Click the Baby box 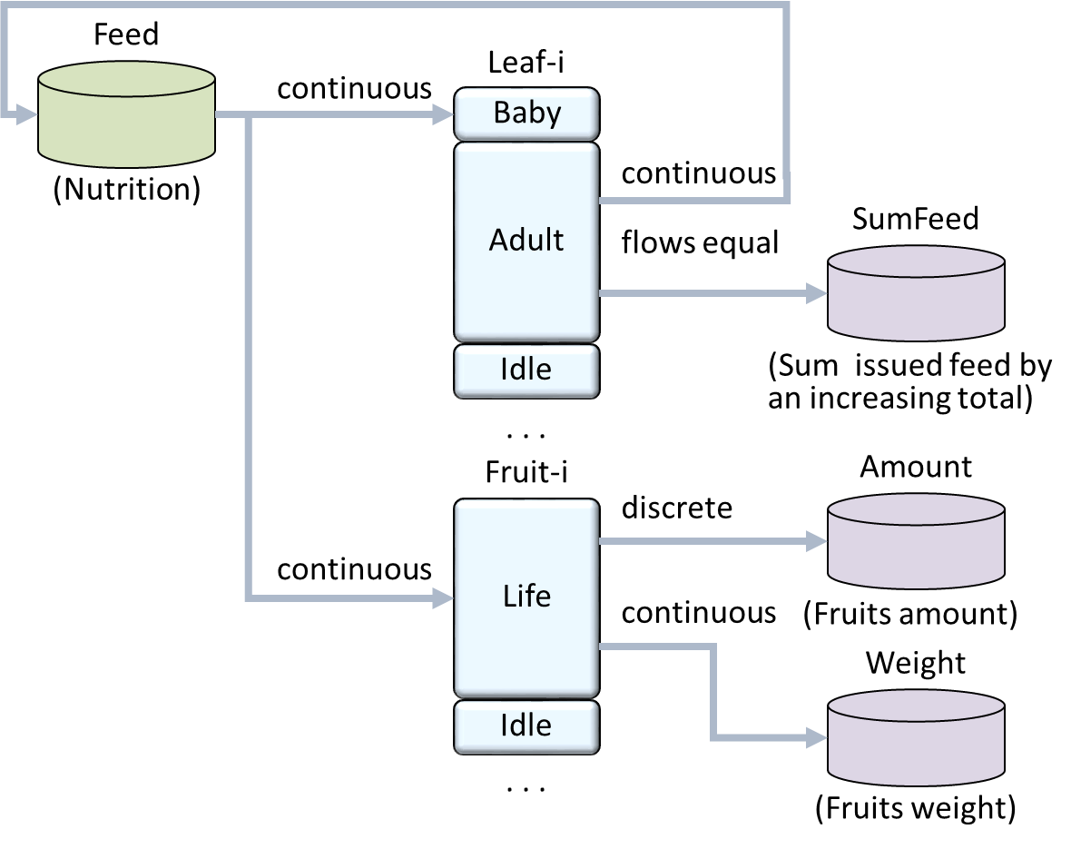tap(526, 114)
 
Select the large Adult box tap(526, 241)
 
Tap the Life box tap(526, 597)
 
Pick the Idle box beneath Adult tap(526, 370)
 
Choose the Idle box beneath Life tap(526, 726)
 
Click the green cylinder tap(127, 114)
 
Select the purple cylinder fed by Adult tap(916, 293)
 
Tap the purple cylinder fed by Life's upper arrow tap(916, 541)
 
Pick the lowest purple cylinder tap(916, 738)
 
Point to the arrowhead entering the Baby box tap(444, 114)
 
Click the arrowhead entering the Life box tap(444, 597)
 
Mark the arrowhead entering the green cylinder tap(26, 114)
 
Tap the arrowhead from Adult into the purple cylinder tap(817, 293)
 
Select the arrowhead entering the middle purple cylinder tap(817, 541)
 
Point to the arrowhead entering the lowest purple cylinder tap(817, 739)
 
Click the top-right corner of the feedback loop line tap(786, 5)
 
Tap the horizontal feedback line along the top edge tap(399, 5)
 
